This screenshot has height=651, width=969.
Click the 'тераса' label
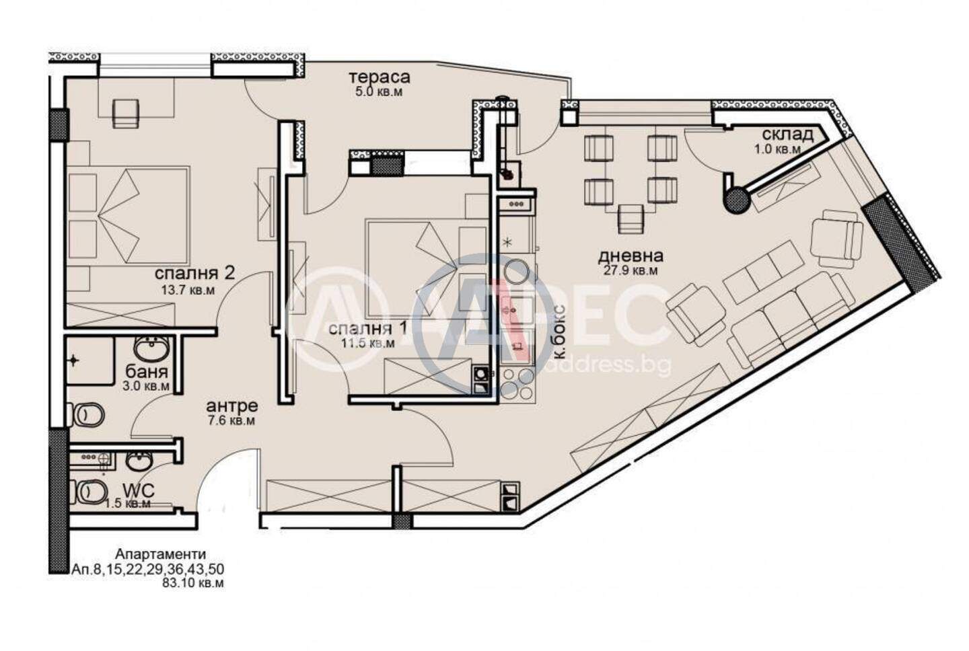click(380, 77)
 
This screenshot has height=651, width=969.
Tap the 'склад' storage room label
click(787, 135)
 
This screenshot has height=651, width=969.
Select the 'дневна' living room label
click(631, 256)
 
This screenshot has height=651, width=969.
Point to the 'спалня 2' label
click(194, 273)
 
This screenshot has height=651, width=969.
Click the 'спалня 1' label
click(367, 328)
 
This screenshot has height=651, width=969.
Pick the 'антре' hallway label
click(232, 406)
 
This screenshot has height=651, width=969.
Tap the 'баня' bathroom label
click(147, 372)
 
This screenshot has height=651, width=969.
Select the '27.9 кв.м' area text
click(631, 271)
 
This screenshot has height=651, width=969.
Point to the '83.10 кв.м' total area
click(193, 583)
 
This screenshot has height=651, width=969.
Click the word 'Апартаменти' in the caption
click(160, 554)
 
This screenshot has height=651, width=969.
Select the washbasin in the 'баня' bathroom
click(151, 348)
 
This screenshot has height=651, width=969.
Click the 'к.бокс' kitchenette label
click(560, 332)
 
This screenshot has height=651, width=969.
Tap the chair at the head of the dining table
click(631, 219)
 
